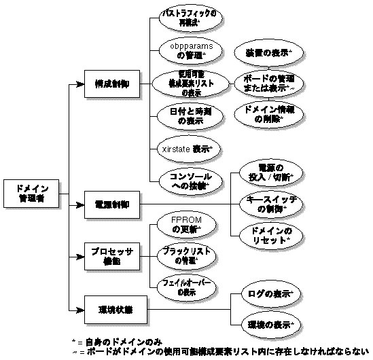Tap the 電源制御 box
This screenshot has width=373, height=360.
tap(113, 203)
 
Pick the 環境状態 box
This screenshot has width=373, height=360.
tap(113, 309)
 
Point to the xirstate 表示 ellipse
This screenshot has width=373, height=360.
tap(185, 147)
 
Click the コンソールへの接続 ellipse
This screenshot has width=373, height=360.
tap(185, 179)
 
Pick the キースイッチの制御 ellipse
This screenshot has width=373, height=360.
tap(268, 203)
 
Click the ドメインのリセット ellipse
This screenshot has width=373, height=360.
tap(268, 236)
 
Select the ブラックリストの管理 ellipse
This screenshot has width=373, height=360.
tap(185, 255)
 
